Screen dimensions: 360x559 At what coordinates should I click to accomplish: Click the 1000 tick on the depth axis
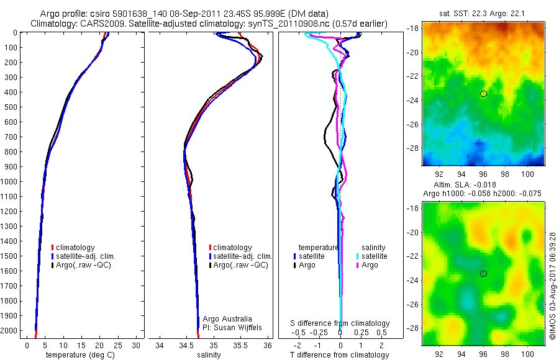[x=11, y=182]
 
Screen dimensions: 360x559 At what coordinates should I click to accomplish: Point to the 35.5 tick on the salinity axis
[x=241, y=344]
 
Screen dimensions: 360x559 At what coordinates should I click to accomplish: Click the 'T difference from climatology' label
[x=340, y=355]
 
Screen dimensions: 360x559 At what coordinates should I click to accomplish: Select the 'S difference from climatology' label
[x=340, y=323]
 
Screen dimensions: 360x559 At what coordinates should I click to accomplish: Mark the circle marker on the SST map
[x=483, y=94]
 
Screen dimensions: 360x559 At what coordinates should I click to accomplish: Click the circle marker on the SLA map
[x=483, y=274]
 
